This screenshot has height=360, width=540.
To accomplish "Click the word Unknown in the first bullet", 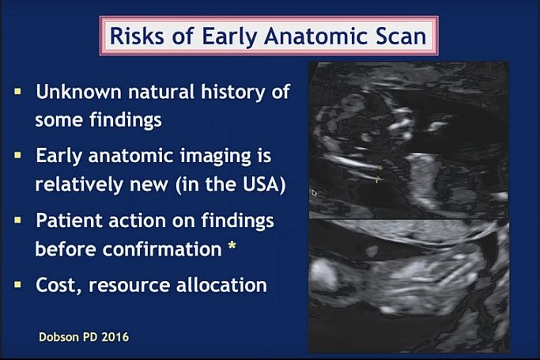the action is [x=78, y=92].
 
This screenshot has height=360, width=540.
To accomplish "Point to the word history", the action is [x=233, y=93].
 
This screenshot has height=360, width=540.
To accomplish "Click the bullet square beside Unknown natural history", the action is [x=18, y=92].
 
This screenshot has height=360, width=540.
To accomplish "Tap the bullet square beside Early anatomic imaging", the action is [x=18, y=155].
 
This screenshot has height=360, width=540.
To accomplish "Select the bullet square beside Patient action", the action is [x=18, y=220].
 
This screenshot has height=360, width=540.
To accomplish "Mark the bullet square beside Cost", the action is [x=18, y=284].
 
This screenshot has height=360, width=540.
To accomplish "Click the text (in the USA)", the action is [x=230, y=184].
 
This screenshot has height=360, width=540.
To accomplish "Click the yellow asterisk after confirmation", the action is [x=232, y=246].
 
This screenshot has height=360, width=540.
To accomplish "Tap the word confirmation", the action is [x=162, y=248].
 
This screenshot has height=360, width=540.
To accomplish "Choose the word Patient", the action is [x=69, y=220].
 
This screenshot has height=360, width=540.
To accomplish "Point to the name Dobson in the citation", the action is [x=59, y=337].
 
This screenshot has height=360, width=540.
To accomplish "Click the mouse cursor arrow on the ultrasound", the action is [x=314, y=193].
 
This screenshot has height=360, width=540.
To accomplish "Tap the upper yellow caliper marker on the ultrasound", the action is [x=380, y=168].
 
